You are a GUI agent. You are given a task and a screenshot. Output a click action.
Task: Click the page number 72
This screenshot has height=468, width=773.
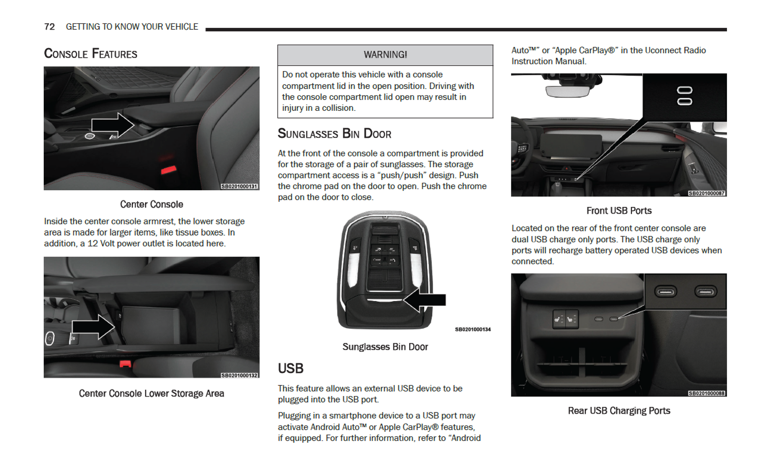click(49, 27)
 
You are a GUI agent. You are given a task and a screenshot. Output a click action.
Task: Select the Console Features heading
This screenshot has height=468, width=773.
click(91, 54)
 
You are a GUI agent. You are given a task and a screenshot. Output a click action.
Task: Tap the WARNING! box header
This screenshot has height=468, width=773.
click(385, 55)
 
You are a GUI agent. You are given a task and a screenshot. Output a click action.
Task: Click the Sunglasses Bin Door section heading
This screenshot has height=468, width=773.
click(334, 134)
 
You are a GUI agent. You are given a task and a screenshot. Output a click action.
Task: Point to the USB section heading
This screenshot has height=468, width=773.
click(290, 368)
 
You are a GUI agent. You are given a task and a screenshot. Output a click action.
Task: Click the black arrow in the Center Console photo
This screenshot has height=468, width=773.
click(112, 125)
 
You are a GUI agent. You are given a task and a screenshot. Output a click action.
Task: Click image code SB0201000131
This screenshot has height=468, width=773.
click(239, 186)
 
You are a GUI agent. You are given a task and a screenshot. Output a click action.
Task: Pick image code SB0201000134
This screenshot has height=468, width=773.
click(472, 329)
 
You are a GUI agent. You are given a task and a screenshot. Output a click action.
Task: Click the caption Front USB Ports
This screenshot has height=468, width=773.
click(618, 211)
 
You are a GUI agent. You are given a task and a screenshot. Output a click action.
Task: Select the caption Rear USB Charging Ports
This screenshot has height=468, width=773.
click(618, 411)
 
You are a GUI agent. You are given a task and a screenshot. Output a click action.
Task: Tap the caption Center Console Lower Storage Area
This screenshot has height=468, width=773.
click(151, 393)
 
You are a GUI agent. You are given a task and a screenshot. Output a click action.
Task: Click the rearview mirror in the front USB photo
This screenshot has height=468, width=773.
click(567, 91)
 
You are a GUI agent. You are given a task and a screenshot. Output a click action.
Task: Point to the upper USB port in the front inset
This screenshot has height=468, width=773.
click(684, 90)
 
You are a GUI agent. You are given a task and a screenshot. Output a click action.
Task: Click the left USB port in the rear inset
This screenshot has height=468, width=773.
click(666, 292)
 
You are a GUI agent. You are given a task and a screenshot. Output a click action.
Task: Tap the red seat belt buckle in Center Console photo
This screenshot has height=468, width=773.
click(168, 170)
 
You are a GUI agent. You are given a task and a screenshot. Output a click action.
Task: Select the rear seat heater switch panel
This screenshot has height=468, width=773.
click(565, 319)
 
